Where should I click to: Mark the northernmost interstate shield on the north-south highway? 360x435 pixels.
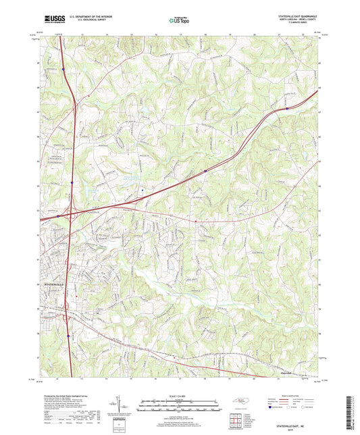(63, 68)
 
